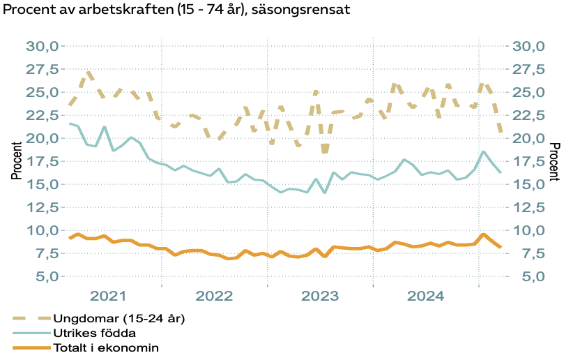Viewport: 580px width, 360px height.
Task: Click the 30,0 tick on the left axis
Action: coord(45,46)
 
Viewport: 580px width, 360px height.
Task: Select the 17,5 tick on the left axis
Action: coord(45,161)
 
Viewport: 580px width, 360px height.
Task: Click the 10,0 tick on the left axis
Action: coord(45,230)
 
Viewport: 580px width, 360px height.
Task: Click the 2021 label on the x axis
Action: coord(109,296)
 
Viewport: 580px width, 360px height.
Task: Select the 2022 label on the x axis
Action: coord(214,296)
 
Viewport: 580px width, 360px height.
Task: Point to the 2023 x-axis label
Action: coord(320,296)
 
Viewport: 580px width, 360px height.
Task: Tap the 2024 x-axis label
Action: coord(425,296)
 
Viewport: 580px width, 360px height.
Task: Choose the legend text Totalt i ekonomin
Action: coord(107,347)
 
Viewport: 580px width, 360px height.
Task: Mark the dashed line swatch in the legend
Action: coord(31,318)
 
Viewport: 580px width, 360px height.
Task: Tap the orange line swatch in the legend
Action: coord(31,347)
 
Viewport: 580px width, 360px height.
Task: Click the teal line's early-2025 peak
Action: coord(483,151)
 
